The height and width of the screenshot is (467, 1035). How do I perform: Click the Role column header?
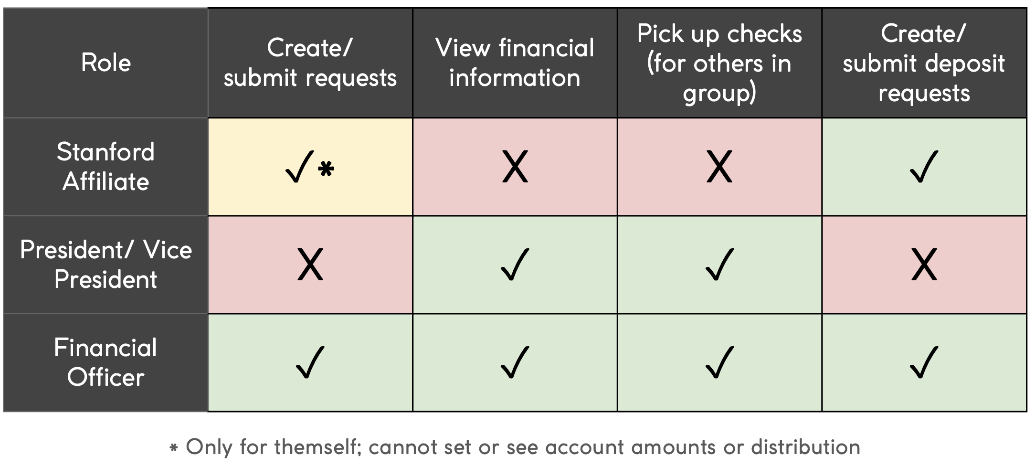(106, 63)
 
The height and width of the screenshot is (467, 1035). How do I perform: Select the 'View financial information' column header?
(515, 63)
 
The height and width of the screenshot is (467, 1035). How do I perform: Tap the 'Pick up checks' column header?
(719, 63)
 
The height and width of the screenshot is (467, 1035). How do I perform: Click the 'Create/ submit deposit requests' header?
(924, 63)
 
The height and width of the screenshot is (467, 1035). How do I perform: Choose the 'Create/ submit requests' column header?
(310, 63)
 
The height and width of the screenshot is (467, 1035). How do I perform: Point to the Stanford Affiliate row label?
(106, 167)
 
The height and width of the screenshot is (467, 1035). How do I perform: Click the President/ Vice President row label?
(106, 265)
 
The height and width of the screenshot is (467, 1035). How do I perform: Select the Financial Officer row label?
(106, 362)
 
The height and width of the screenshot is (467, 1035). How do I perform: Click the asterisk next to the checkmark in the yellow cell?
(326, 169)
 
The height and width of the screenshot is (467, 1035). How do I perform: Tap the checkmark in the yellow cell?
(299, 167)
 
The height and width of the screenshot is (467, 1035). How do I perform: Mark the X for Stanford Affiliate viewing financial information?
(515, 167)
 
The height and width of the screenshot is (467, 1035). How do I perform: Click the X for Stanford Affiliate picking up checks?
(719, 167)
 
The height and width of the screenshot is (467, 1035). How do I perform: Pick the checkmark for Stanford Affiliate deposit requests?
(924, 167)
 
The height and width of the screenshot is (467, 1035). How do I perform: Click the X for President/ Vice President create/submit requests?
(310, 265)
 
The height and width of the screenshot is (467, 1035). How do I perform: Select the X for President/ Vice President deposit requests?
(924, 265)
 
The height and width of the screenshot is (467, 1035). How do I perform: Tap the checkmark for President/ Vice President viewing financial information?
(515, 265)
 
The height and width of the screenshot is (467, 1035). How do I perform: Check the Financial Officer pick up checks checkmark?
(719, 362)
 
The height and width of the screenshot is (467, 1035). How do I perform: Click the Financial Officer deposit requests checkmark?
(924, 362)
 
